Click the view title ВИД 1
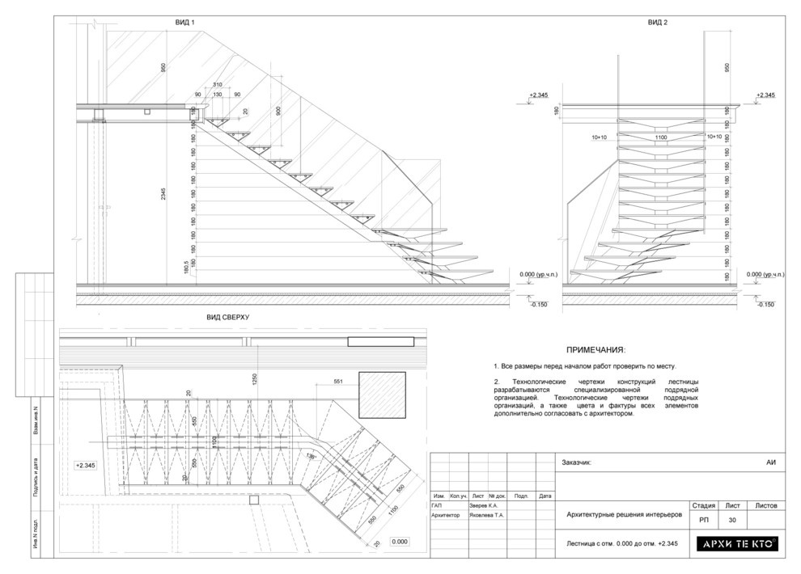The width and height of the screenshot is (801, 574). pos(185,23)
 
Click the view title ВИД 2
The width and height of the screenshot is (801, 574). pos(657,23)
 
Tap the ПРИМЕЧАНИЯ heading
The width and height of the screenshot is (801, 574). pos(595,350)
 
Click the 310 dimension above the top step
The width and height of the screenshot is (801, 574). pos(217,85)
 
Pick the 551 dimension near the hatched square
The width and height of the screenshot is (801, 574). pos(339,382)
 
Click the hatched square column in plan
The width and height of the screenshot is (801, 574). pos(383,393)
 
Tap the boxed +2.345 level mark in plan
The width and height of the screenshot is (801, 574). pos(86,466)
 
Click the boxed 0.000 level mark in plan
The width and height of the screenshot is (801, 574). pos(400,542)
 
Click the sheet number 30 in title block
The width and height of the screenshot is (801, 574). pos(732,520)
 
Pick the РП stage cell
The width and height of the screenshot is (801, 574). pos(703,520)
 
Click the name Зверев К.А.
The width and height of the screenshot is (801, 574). pos(484,505)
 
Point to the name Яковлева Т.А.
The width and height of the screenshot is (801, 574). pos(487,515)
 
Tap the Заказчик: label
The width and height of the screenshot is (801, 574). pos(575,462)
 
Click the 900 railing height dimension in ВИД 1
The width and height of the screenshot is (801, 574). pos(278,111)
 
